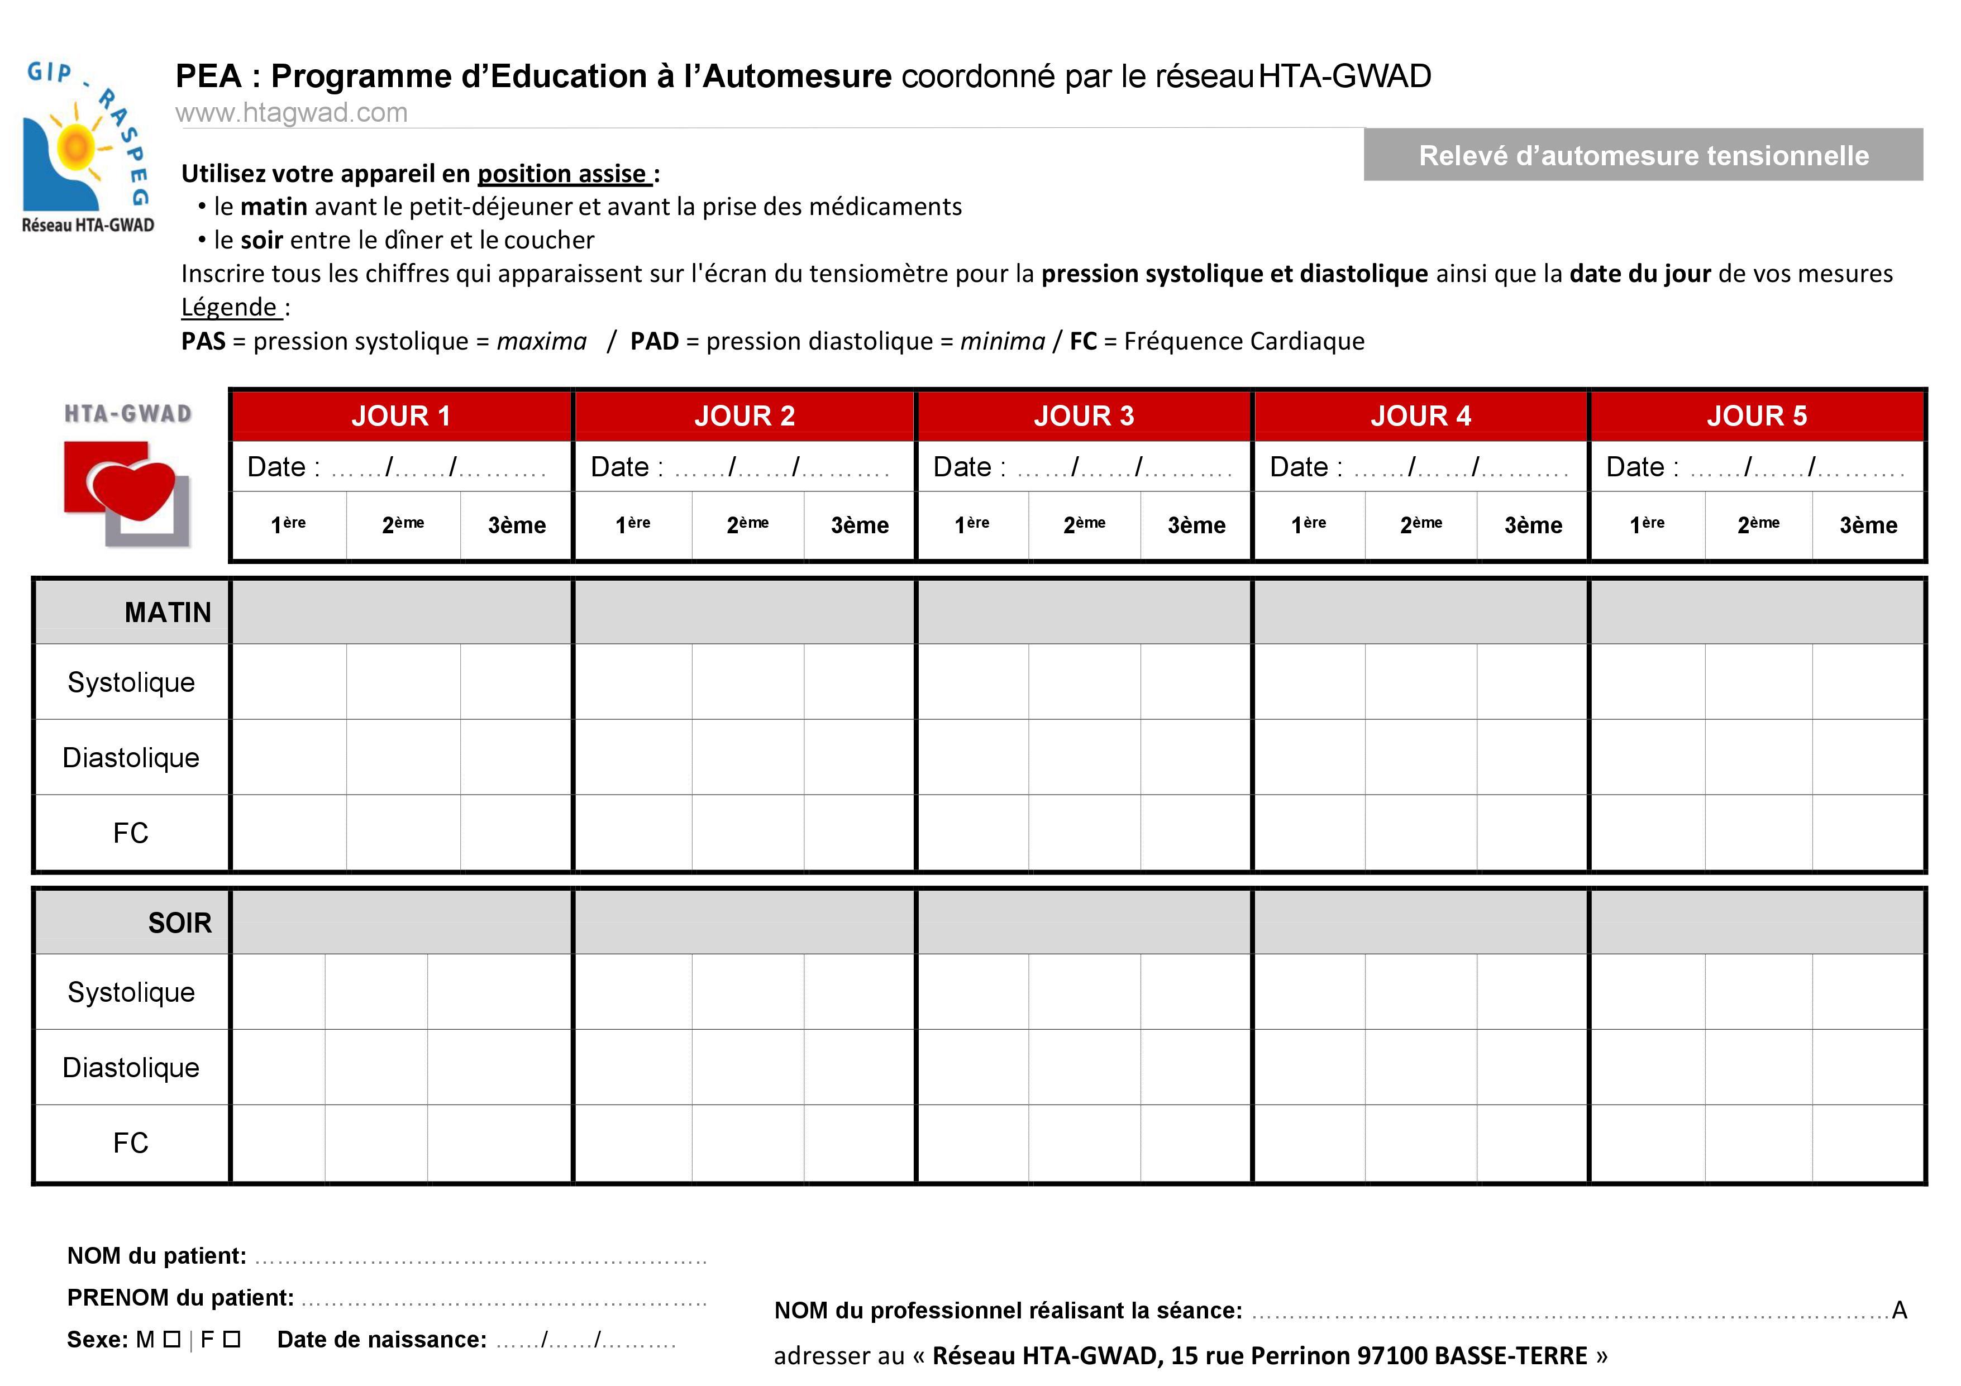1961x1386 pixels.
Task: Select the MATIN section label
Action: tap(168, 612)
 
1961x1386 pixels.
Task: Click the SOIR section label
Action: tap(179, 923)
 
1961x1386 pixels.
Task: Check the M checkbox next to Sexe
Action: tap(171, 1339)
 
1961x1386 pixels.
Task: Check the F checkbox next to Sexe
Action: tap(231, 1339)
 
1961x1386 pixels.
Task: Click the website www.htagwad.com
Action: tap(291, 113)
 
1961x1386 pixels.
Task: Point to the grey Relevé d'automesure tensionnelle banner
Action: tap(1643, 155)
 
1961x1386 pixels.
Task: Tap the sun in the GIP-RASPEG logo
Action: tap(75, 147)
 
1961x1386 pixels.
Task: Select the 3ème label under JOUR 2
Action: tap(859, 525)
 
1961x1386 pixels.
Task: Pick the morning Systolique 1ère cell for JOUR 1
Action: tap(289, 681)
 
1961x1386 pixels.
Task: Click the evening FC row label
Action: tap(131, 1143)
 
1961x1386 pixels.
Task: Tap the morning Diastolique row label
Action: tap(131, 757)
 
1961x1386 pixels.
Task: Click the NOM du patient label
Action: tap(156, 1255)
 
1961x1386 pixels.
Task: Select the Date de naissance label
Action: tap(382, 1339)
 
